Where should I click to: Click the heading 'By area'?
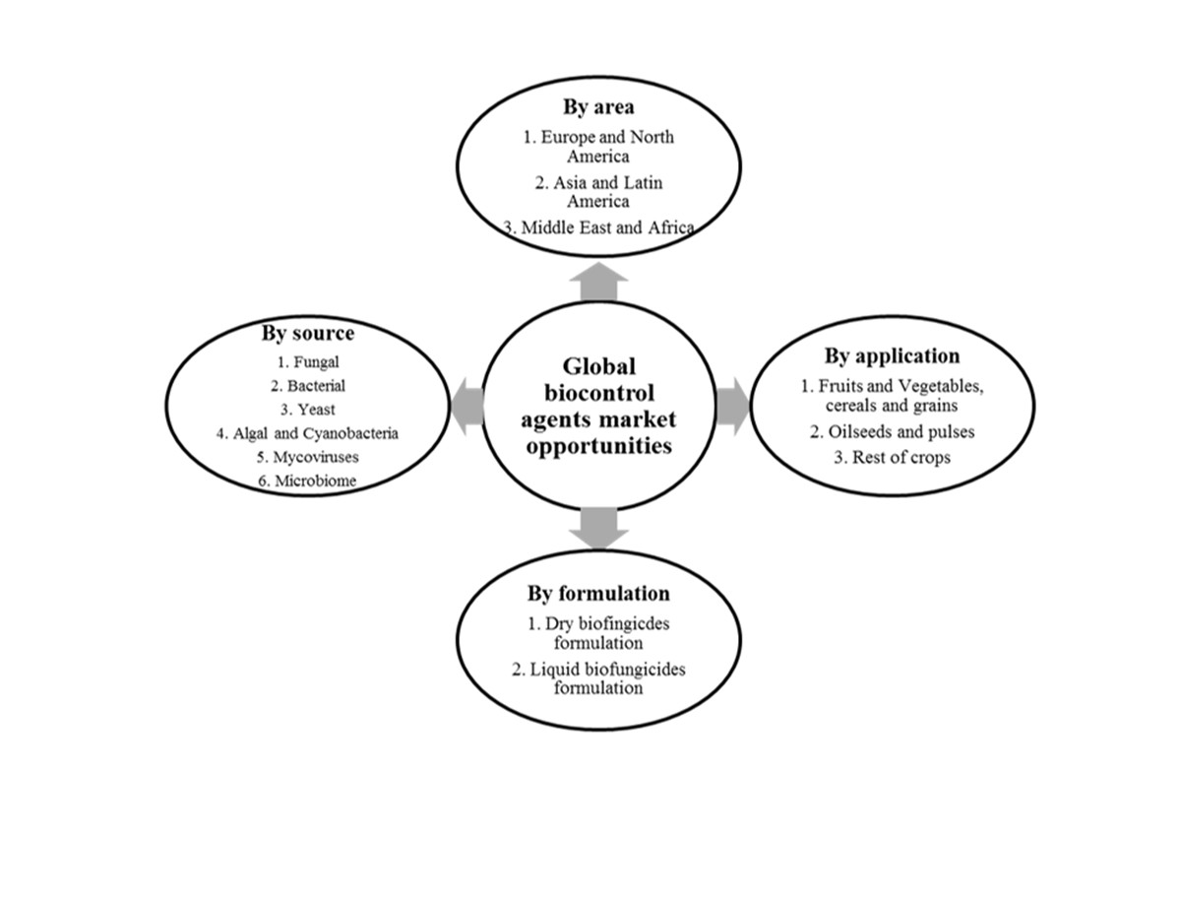pos(598,106)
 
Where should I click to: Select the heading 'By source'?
pos(308,333)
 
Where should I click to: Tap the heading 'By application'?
pos(892,356)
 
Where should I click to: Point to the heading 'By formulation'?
pos(598,594)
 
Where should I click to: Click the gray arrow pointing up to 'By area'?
pos(598,282)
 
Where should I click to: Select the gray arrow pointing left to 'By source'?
pos(467,407)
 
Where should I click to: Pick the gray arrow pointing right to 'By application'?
pos(733,407)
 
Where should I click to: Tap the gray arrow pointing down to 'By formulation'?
pos(598,529)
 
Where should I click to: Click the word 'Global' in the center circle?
pos(598,367)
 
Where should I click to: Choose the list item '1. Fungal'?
pos(308,362)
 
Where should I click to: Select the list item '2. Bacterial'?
pos(308,386)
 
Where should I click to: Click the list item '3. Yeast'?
pos(308,410)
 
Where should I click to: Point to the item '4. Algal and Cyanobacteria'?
pos(307,433)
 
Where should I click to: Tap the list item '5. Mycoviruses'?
pos(308,457)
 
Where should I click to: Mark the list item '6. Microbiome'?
pos(307,481)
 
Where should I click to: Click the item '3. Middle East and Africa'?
pos(598,227)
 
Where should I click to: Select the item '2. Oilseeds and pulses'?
pos(892,431)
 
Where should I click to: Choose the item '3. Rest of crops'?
pos(892,457)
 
